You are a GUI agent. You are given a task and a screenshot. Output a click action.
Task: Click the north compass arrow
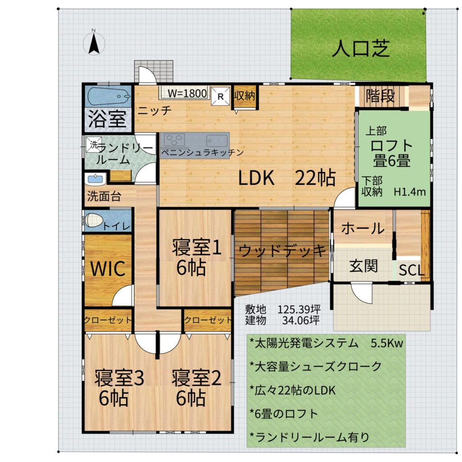[94, 44]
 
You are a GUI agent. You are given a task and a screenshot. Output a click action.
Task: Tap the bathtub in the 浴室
[109, 96]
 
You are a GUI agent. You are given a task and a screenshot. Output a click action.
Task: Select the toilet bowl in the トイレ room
[94, 220]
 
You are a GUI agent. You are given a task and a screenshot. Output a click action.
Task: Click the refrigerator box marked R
[220, 96]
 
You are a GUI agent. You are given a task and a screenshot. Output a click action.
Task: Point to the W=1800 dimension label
[187, 93]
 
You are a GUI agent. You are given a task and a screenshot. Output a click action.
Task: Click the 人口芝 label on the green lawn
[361, 49]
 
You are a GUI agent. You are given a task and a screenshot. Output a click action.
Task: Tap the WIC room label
[108, 269]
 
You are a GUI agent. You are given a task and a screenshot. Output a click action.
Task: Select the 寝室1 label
[197, 247]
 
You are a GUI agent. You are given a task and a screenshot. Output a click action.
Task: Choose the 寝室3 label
[119, 378]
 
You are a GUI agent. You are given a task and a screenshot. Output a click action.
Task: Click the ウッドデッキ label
[282, 251]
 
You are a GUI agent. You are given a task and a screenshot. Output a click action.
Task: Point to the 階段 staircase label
[380, 96]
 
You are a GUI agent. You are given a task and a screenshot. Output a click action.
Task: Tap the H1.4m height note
[410, 192]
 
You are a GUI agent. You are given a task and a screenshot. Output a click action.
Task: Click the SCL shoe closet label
[411, 270]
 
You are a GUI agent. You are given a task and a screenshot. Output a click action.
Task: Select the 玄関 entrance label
[364, 266]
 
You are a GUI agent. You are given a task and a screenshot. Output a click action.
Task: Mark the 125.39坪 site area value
[299, 310]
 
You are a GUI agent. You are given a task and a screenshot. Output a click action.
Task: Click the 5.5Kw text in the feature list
[387, 343]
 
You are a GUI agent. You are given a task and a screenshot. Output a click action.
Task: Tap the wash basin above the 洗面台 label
[96, 179]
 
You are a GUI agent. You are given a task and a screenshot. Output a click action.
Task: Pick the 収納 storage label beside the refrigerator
[245, 96]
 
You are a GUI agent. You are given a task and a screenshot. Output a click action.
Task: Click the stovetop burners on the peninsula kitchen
[175, 140]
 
